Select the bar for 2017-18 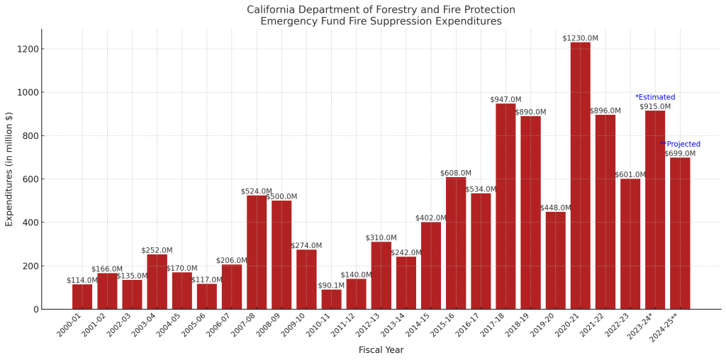(x=506, y=206)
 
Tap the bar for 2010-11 (x=331, y=299)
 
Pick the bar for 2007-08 (x=257, y=252)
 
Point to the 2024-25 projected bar (x=680, y=233)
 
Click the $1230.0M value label (x=580, y=38)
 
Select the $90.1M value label (x=331, y=286)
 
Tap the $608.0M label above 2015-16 (x=456, y=173)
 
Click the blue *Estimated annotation (x=655, y=97)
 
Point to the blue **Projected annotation (x=681, y=145)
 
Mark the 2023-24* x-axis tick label (x=642, y=326)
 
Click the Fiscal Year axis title (x=381, y=350)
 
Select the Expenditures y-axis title (x=9, y=169)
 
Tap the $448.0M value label (x=555, y=208)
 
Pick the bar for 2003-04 (x=157, y=281)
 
